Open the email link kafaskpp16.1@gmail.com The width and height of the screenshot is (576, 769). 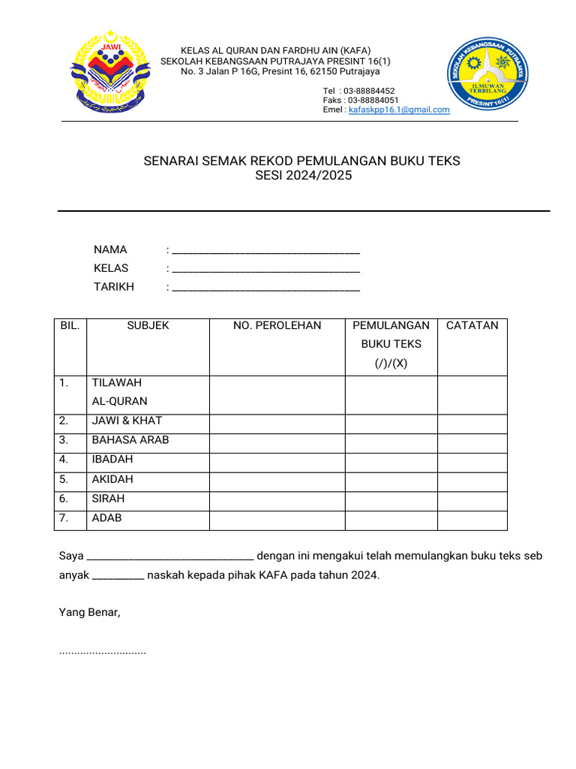(399, 110)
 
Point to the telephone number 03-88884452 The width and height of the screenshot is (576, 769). (369, 91)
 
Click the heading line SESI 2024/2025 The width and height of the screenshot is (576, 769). (302, 176)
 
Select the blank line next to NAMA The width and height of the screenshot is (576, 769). (265, 251)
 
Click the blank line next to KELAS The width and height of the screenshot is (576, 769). (265, 270)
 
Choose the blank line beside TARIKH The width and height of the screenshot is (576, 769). (265, 288)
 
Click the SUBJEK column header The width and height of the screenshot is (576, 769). (148, 325)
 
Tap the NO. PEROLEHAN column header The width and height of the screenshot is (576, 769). (277, 325)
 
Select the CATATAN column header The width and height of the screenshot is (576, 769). (472, 325)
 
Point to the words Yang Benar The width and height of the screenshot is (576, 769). (89, 612)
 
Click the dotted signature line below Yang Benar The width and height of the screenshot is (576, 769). (103, 652)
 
